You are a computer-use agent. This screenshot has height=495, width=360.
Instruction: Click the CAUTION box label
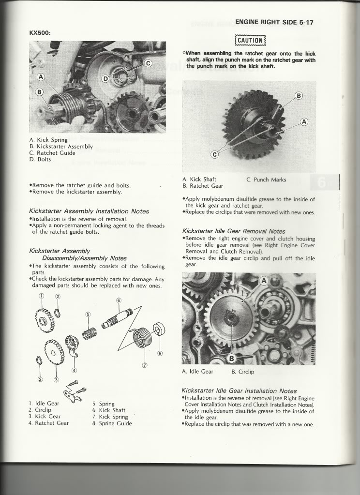point(251,41)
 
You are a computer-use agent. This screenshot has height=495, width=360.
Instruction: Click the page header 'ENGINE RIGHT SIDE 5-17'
point(274,22)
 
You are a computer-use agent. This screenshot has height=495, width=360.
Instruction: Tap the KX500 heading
point(40,33)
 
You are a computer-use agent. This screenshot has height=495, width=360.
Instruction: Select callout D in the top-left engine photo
point(105,78)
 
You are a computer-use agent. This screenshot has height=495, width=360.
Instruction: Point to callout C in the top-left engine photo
point(148,63)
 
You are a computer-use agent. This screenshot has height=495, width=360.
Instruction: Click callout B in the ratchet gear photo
point(299,96)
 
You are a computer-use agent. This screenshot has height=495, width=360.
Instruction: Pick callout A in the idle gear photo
point(264,281)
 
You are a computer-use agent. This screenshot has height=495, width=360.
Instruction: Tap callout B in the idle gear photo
point(231,359)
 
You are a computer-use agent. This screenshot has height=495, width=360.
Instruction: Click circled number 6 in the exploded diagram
point(119,300)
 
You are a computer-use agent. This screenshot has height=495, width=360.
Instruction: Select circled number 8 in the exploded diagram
point(160,353)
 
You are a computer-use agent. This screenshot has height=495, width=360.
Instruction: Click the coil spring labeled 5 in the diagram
point(90,333)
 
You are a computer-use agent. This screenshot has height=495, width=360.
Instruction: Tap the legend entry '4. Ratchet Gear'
point(48,423)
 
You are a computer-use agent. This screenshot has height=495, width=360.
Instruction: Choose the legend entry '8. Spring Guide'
point(112,423)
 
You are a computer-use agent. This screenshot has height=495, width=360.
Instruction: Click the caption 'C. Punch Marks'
point(266,180)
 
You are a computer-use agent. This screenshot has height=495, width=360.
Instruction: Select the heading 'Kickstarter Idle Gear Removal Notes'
point(234,231)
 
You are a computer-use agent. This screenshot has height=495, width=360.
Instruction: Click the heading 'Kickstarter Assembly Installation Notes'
point(89,211)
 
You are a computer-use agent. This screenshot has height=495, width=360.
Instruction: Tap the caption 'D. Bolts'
point(40,159)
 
